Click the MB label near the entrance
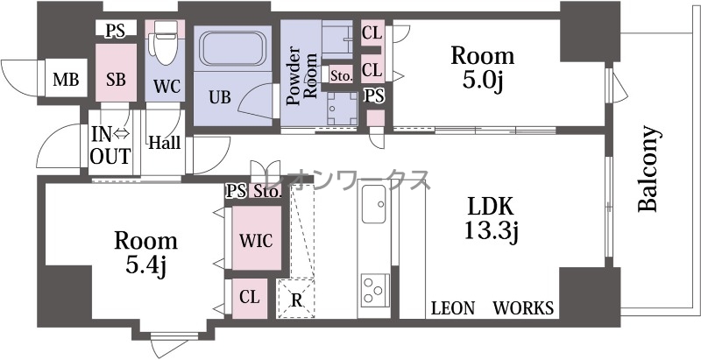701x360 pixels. (66, 80)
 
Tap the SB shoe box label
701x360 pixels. (116, 80)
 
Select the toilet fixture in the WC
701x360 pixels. (165, 42)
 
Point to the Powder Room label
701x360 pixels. (301, 80)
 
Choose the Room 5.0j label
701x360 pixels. (483, 69)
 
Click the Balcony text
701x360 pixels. (648, 169)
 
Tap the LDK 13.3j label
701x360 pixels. (491, 219)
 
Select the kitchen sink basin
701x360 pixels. (373, 204)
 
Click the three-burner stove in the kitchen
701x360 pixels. (375, 289)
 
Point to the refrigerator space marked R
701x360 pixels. (296, 299)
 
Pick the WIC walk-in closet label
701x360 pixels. (256, 241)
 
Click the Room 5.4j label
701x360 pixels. (145, 253)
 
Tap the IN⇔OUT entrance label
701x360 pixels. (111, 145)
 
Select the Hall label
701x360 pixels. (165, 143)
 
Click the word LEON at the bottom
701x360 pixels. (452, 308)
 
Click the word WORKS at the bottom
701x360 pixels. (523, 308)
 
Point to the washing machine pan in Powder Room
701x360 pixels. (342, 109)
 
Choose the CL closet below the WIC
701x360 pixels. (250, 298)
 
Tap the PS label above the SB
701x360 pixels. (115, 31)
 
